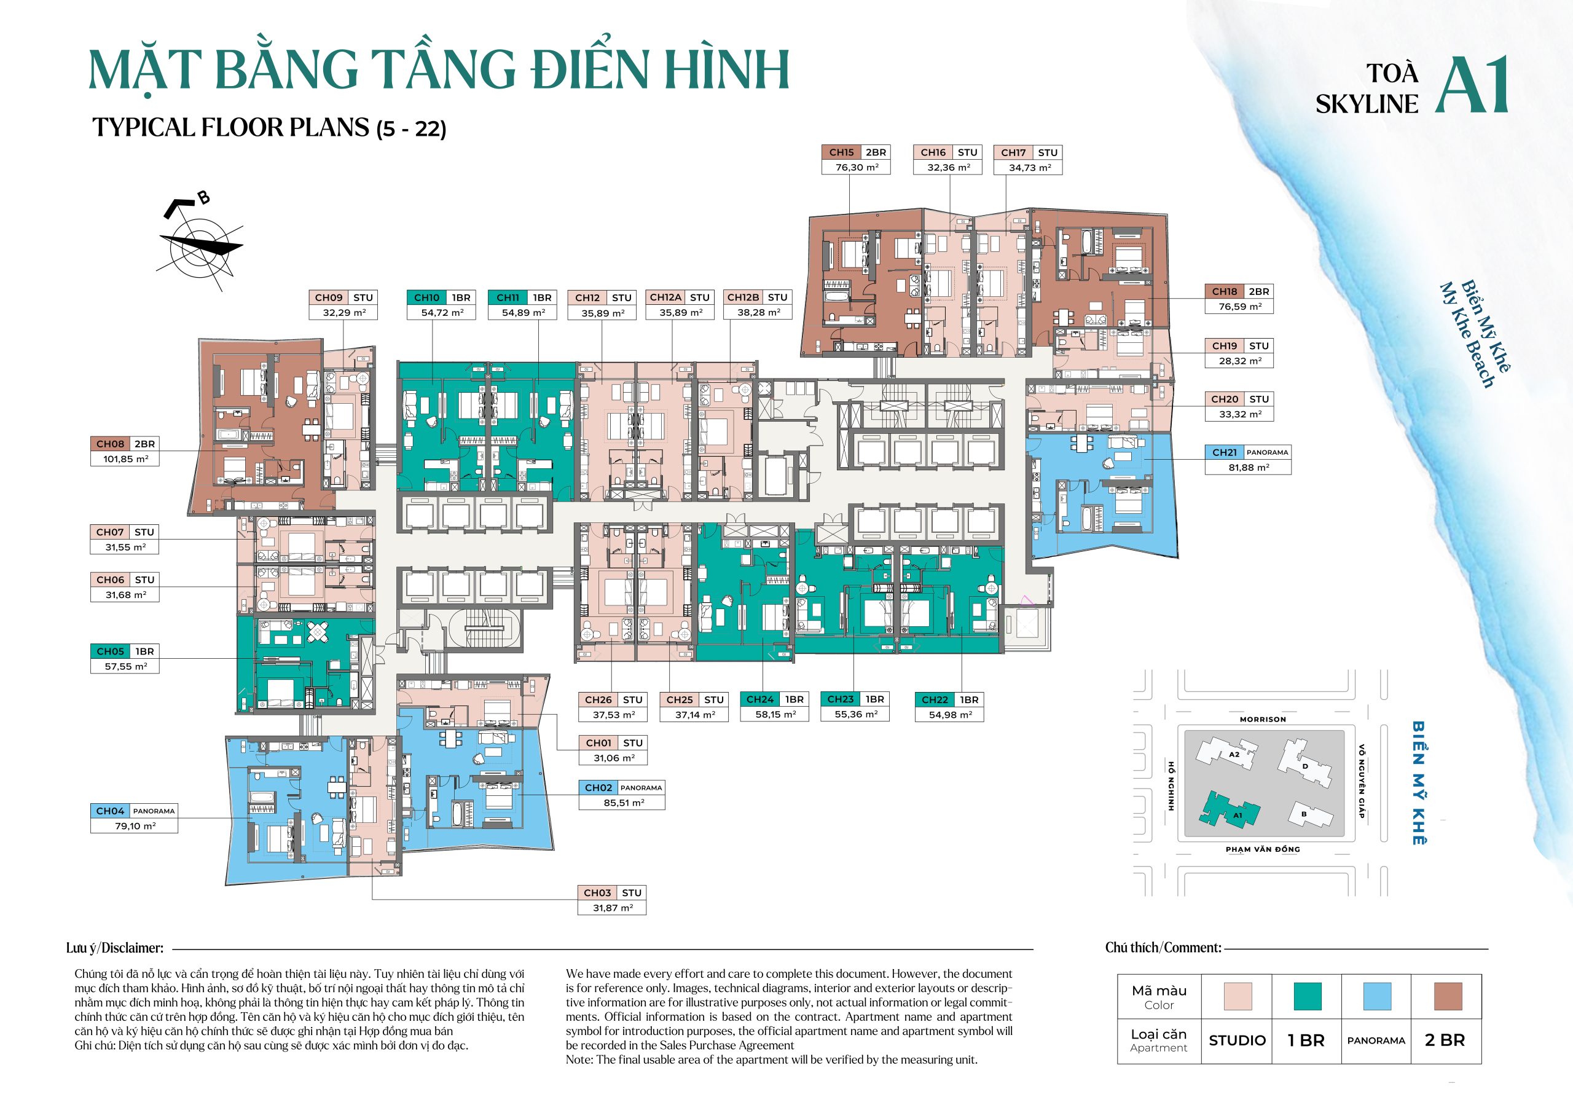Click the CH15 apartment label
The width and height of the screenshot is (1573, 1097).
(856, 152)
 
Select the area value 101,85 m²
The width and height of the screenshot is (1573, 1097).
(125, 459)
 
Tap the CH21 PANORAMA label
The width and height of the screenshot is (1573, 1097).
(1247, 452)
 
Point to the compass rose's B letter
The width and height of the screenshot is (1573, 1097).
(203, 198)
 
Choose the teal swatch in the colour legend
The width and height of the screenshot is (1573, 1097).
(1307, 996)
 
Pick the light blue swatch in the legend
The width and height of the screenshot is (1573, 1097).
(1376, 996)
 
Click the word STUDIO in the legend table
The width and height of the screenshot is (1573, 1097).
(1237, 1040)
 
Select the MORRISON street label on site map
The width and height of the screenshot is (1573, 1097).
(1263, 720)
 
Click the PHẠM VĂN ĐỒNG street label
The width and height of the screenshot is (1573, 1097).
(1263, 849)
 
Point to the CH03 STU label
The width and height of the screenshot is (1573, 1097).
(613, 893)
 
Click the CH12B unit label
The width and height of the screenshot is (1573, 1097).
(757, 297)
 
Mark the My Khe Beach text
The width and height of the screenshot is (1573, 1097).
(1466, 336)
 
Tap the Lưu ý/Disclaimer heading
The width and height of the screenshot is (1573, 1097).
(114, 948)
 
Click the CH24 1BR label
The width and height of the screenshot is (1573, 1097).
(774, 699)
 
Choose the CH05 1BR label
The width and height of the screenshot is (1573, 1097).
(125, 651)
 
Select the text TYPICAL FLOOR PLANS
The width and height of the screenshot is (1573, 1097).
(231, 127)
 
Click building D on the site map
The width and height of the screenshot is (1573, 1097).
(1305, 763)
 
